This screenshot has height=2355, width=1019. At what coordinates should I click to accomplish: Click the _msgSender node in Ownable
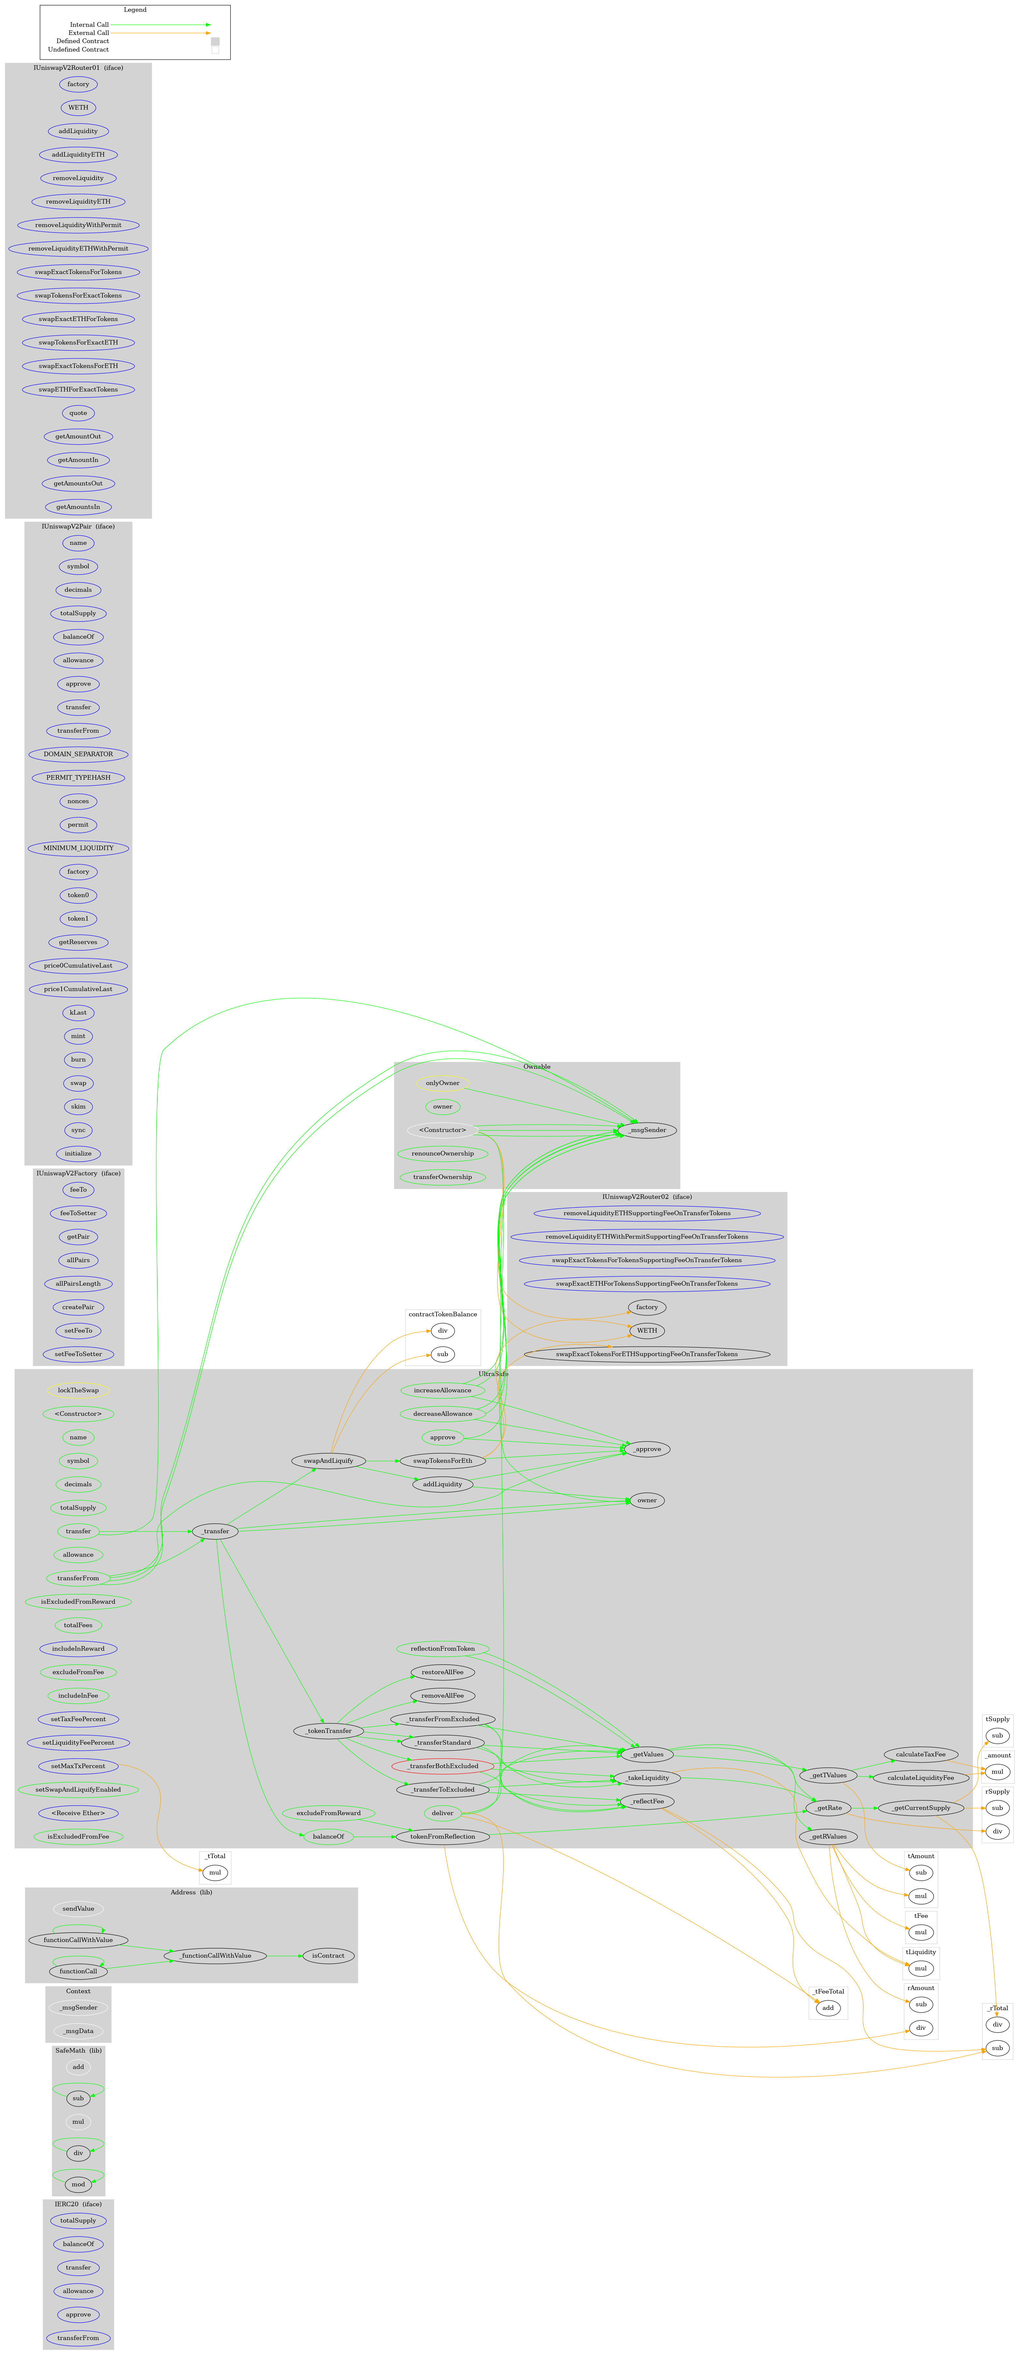coord(647,1130)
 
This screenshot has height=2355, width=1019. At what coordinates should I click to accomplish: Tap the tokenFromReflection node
coord(442,1837)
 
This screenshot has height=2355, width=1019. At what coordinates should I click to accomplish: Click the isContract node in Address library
coord(328,1955)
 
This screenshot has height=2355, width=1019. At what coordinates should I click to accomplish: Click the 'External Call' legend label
coord(89,33)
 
